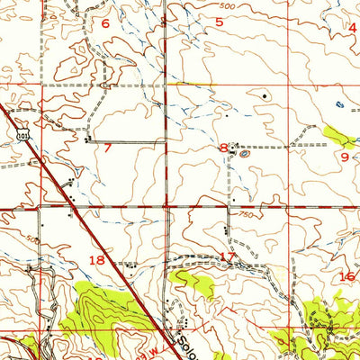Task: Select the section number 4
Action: pos(353,27)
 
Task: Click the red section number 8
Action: pos(222,148)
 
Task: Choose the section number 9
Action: pos(344,157)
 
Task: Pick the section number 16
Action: pos(346,277)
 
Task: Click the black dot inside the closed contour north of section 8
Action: pos(265,94)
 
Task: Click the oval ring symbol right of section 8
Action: pos(246,154)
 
